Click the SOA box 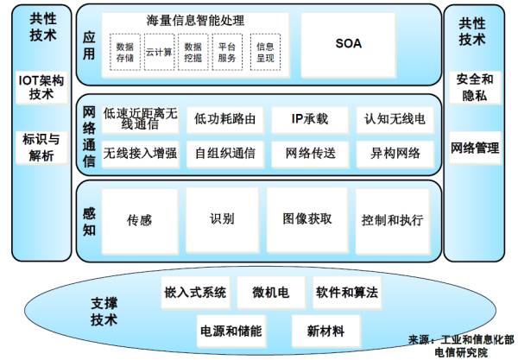pos(348,45)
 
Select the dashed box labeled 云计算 pos(159,52)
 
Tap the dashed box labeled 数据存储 pos(125,52)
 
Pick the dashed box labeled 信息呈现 pos(265,52)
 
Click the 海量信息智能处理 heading pos(195,21)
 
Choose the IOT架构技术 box pos(41,87)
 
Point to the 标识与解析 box pos(41,148)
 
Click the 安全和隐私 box pos(475,87)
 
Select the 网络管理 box pos(475,148)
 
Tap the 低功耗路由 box pos(225,119)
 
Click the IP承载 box pos(310,119)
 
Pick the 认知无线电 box pos(395,119)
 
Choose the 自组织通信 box pos(225,154)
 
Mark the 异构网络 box pos(395,154)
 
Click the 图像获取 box pos(307,221)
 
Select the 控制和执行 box pos(393,221)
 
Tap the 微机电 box pos(271,293)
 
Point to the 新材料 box pos(325,331)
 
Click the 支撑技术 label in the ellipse pos(104,312)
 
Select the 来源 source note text pos(461,346)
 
